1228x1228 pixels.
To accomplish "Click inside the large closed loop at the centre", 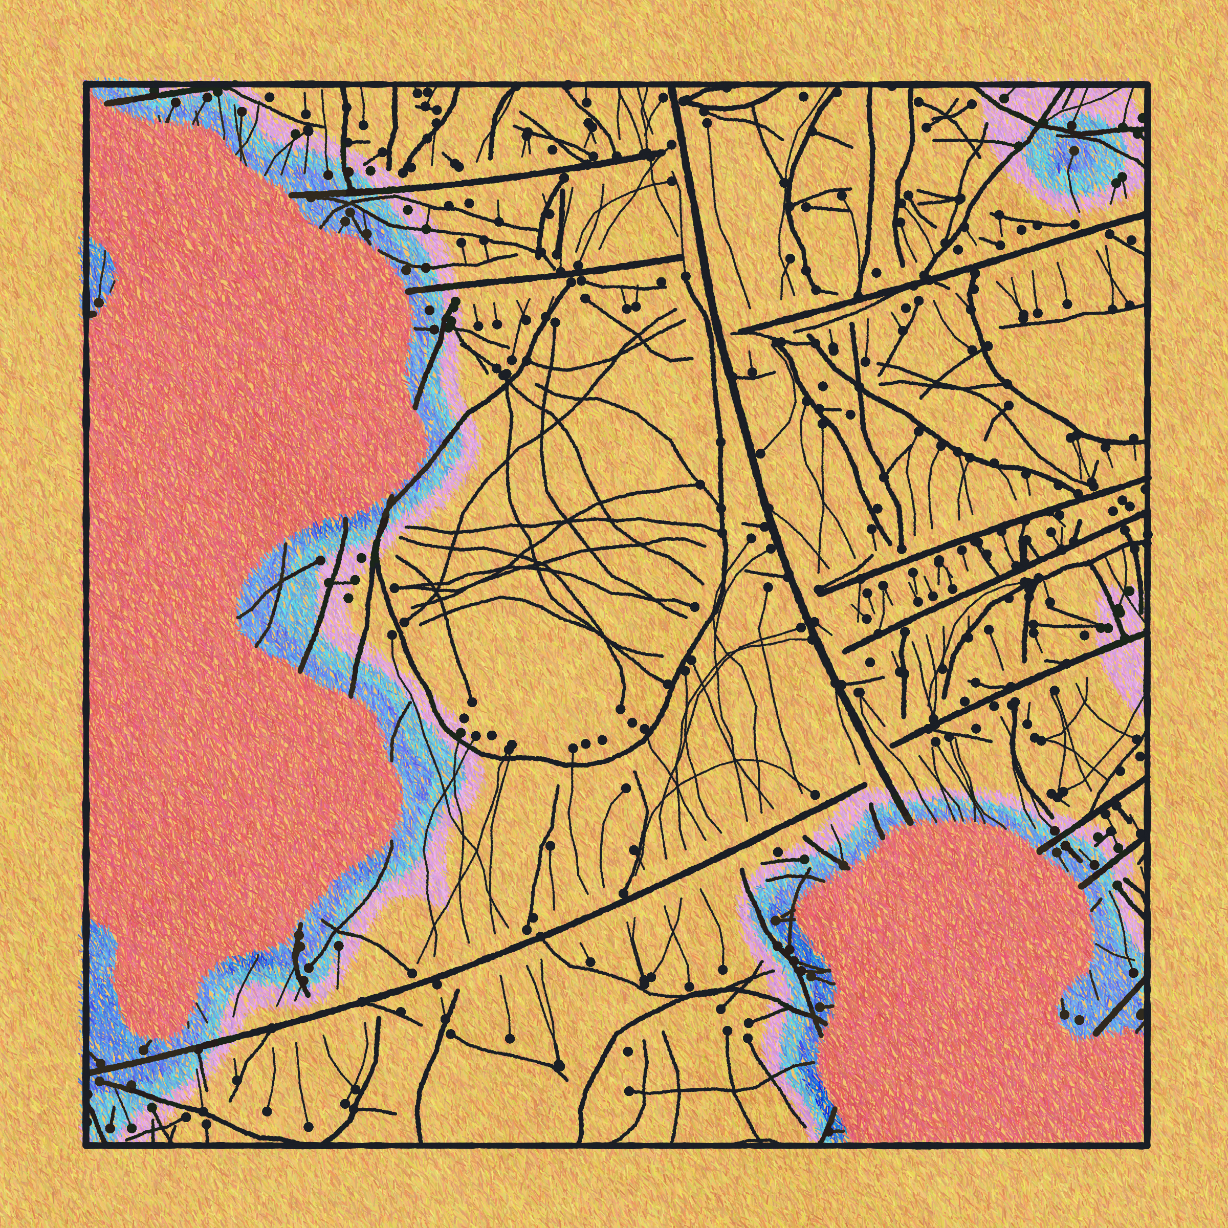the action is [x=559, y=572].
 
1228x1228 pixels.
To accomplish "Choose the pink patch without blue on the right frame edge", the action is [x=1125, y=661].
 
